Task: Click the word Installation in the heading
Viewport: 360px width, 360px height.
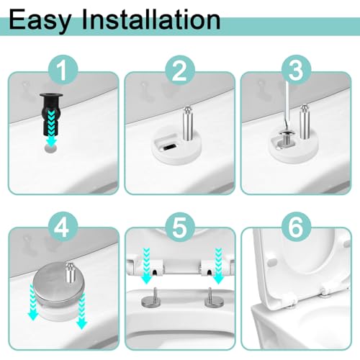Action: click(x=151, y=19)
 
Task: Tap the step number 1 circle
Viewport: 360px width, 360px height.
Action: click(x=63, y=70)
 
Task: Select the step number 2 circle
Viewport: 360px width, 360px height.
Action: click(x=180, y=70)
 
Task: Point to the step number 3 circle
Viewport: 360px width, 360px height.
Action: click(x=296, y=70)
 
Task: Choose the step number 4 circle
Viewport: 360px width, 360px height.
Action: click(x=63, y=226)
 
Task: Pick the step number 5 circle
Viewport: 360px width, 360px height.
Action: click(x=180, y=226)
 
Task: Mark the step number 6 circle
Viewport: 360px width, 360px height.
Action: click(x=296, y=226)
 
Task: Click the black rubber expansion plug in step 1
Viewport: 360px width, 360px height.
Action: click(x=51, y=114)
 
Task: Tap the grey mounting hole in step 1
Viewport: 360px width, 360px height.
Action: click(x=51, y=148)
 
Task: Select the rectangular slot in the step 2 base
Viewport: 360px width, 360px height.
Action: click(x=171, y=146)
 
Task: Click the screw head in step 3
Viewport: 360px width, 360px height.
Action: click(x=284, y=133)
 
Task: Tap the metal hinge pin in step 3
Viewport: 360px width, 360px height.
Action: click(x=305, y=122)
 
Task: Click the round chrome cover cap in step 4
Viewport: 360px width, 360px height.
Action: click(x=59, y=283)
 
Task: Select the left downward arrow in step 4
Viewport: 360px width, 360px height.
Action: click(x=32, y=302)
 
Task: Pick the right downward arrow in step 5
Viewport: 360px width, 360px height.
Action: click(x=218, y=266)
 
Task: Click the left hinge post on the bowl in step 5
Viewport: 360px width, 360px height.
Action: click(x=150, y=297)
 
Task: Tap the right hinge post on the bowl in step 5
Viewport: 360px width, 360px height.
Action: click(x=212, y=297)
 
